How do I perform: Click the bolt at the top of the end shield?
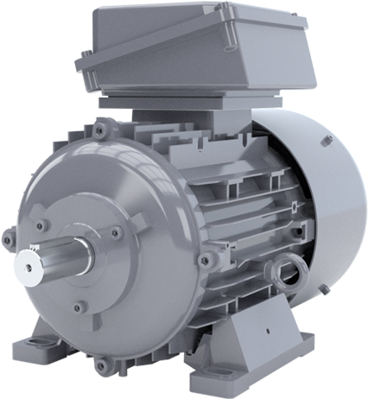pyautogui.click(x=103, y=130)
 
